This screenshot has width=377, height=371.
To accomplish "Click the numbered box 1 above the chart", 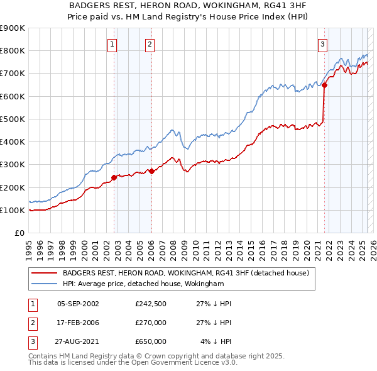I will [x=112, y=44].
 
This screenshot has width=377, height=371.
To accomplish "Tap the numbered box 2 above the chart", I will [x=150, y=44].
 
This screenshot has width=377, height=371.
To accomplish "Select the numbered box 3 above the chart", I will [x=322, y=44].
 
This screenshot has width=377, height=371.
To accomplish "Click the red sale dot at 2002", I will [x=114, y=177].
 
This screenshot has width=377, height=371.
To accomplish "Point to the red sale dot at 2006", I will [x=152, y=171].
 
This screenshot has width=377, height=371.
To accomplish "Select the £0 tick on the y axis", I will [x=19, y=233].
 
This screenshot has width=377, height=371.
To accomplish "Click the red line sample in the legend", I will [x=44, y=274].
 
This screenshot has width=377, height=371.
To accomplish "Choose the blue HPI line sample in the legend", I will [x=44, y=284].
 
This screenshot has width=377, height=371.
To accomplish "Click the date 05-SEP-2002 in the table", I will [x=78, y=304].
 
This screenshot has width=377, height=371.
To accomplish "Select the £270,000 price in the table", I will [x=151, y=323].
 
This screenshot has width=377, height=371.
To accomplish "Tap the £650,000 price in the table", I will [x=151, y=341].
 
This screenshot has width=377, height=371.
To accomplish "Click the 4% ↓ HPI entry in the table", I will [x=216, y=341].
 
